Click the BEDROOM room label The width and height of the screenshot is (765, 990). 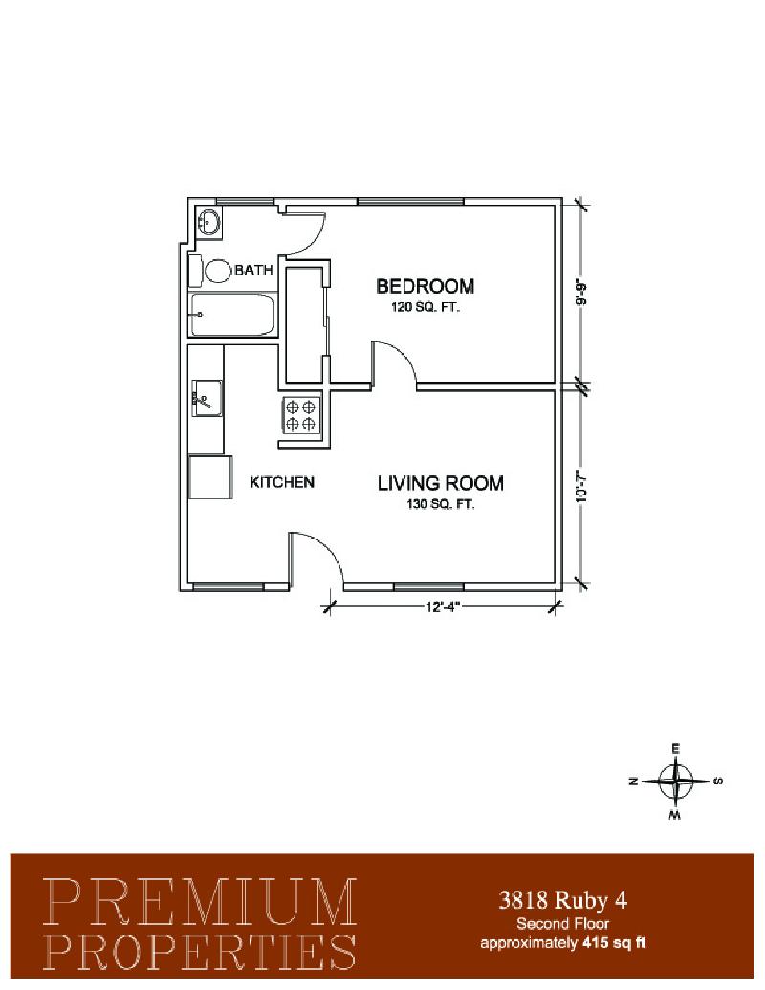coord(425,287)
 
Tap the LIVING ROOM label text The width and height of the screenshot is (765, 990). coord(441,484)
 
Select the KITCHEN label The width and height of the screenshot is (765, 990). coord(282,482)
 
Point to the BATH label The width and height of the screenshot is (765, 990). coord(254,271)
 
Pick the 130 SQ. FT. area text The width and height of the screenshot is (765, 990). coord(441,504)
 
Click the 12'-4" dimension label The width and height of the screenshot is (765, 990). coord(443,607)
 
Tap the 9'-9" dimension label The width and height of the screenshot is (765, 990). coord(581,293)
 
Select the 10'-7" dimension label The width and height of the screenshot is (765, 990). coord(581,489)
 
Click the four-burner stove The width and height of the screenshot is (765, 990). coord(300,415)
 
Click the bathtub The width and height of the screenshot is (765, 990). coord(232,315)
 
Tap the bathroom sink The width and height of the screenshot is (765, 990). coord(208,222)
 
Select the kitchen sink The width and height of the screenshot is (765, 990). coord(208,399)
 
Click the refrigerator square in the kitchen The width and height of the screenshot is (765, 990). coord(210,477)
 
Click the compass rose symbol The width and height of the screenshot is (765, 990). coord(676,781)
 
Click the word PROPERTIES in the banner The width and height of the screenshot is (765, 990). coord(200,951)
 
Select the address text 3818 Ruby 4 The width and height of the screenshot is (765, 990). coord(563,900)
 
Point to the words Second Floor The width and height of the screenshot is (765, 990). coord(563,924)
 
